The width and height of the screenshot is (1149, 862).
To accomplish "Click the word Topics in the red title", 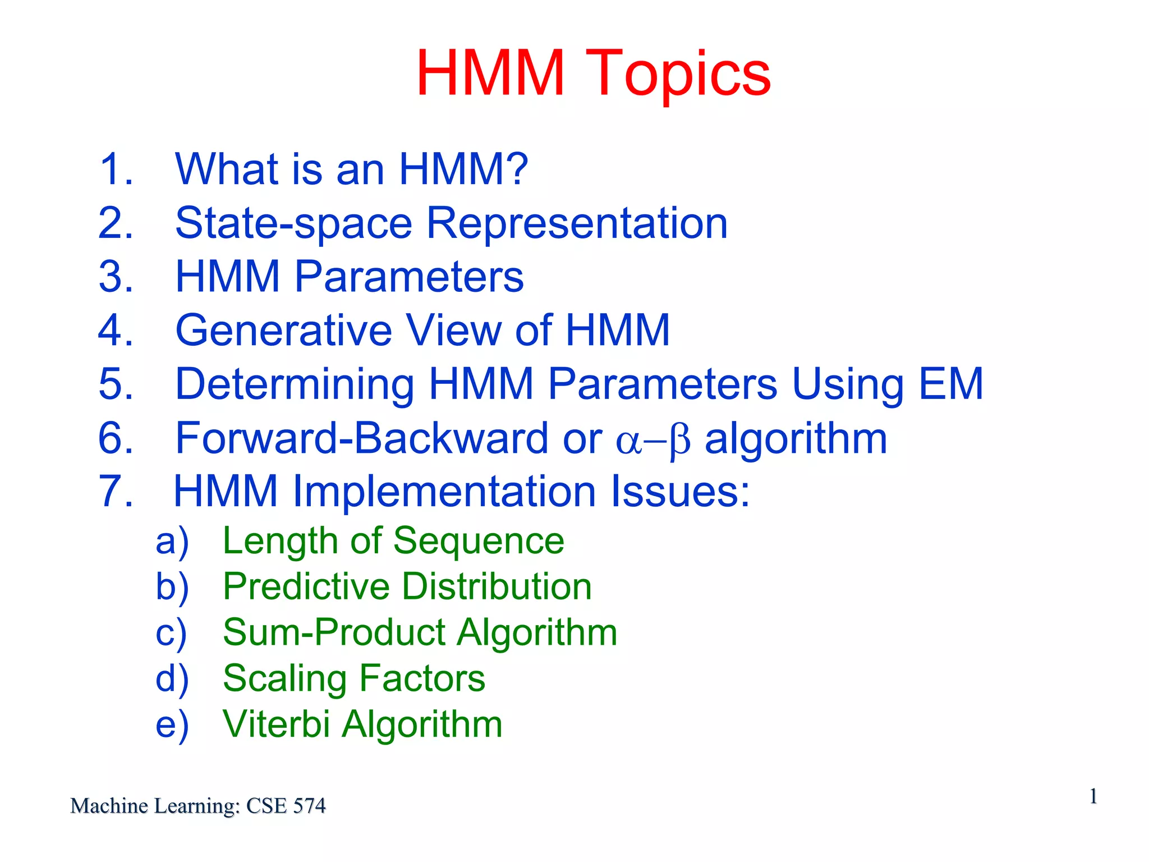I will [681, 74].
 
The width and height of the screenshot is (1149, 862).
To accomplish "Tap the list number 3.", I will [116, 277].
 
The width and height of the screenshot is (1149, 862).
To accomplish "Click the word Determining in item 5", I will [295, 385].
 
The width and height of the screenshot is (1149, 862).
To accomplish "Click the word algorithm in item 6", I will [796, 439].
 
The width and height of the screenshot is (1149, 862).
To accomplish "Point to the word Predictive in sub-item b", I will [306, 587].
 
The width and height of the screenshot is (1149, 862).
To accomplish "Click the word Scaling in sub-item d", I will [284, 679].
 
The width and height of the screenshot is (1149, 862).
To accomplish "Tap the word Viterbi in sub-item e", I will [276, 725].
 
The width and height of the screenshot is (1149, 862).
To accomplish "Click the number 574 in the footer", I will [309, 806].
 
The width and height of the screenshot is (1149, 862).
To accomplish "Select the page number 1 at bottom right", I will [1093, 796].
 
